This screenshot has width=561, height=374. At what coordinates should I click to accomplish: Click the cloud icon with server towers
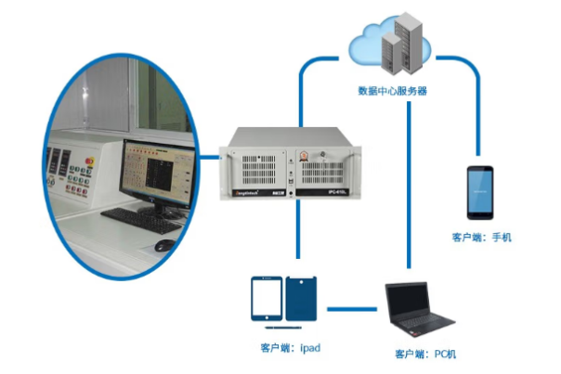391,45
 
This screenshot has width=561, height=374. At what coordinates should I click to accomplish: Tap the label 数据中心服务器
391,91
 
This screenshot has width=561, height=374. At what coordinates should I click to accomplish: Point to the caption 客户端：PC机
425,355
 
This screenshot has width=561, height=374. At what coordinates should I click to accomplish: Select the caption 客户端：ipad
291,349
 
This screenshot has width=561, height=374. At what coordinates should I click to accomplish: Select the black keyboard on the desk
141,219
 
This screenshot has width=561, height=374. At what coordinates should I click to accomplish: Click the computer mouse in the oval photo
164,245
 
